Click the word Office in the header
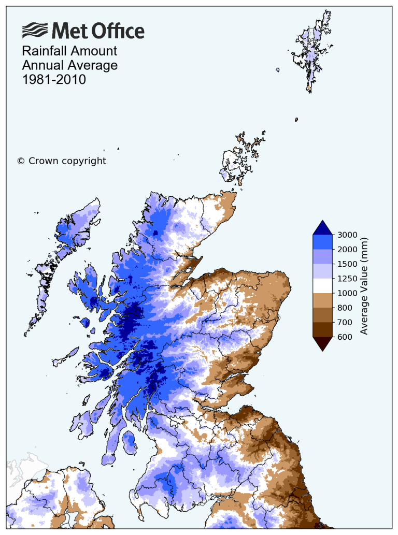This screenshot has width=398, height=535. click(x=118, y=31)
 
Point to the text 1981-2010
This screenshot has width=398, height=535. click(x=54, y=80)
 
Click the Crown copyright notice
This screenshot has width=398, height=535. click(x=62, y=161)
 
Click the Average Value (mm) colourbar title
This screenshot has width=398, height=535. click(x=364, y=285)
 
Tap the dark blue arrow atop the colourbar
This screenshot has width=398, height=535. click(x=322, y=228)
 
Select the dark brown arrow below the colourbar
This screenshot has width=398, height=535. click(x=322, y=343)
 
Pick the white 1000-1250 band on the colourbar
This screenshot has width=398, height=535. click(x=322, y=285)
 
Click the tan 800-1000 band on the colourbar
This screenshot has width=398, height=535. click(x=322, y=300)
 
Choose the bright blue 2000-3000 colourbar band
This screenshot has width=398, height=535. click(x=322, y=242)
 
